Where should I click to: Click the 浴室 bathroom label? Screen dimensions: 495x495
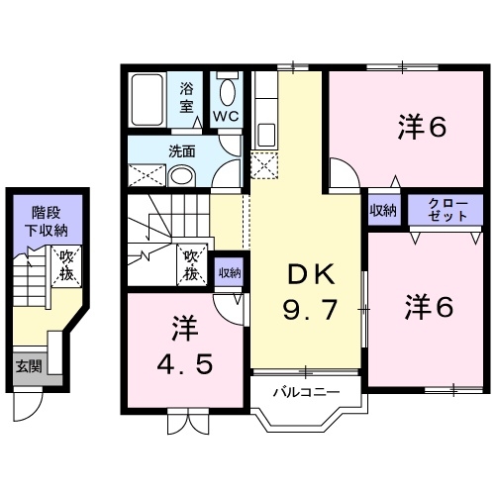(x=187, y=97)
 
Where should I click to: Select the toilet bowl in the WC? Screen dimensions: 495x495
(x=227, y=92)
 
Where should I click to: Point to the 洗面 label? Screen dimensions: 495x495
(x=180, y=151)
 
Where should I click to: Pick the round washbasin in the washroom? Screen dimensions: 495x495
(x=181, y=175)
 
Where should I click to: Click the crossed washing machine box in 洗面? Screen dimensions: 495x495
(x=146, y=175)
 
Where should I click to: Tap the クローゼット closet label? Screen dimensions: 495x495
(x=437, y=209)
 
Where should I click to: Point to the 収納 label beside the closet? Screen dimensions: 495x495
(x=384, y=209)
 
